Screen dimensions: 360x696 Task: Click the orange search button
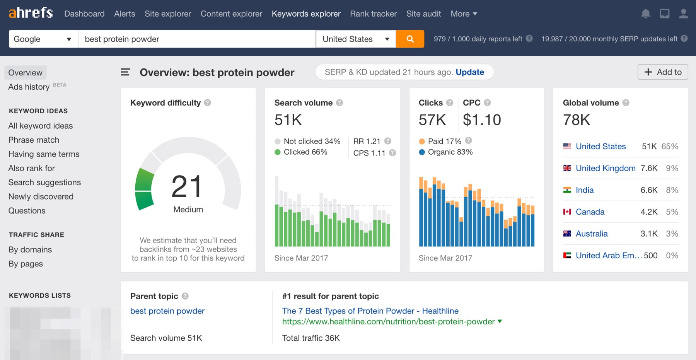pyautogui.click(x=410, y=39)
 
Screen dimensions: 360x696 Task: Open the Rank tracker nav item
pyautogui.click(x=373, y=14)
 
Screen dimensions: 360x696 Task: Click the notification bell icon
pyautogui.click(x=645, y=14)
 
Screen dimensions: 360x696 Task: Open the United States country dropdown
pyautogui.click(x=355, y=39)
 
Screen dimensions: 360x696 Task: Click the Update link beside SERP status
pyautogui.click(x=469, y=72)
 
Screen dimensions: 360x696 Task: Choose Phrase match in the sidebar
pyautogui.click(x=34, y=140)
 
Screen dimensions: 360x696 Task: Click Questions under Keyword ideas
pyautogui.click(x=27, y=211)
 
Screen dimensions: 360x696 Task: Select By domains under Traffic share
pyautogui.click(x=30, y=250)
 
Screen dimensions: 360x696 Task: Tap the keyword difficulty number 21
pyautogui.click(x=187, y=187)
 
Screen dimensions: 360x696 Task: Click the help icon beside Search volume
pyautogui.click(x=339, y=103)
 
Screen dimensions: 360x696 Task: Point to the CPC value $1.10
pyautogui.click(x=482, y=120)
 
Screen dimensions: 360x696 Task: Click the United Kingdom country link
pyautogui.click(x=605, y=168)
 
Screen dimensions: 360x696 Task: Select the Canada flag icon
pyautogui.click(x=567, y=212)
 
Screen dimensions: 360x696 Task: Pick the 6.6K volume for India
pyautogui.click(x=648, y=190)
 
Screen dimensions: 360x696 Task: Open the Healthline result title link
pyautogui.click(x=370, y=311)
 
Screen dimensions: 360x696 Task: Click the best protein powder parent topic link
pyautogui.click(x=167, y=311)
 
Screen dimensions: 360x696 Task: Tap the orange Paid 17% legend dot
pyautogui.click(x=422, y=142)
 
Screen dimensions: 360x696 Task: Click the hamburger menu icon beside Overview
pyautogui.click(x=125, y=72)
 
